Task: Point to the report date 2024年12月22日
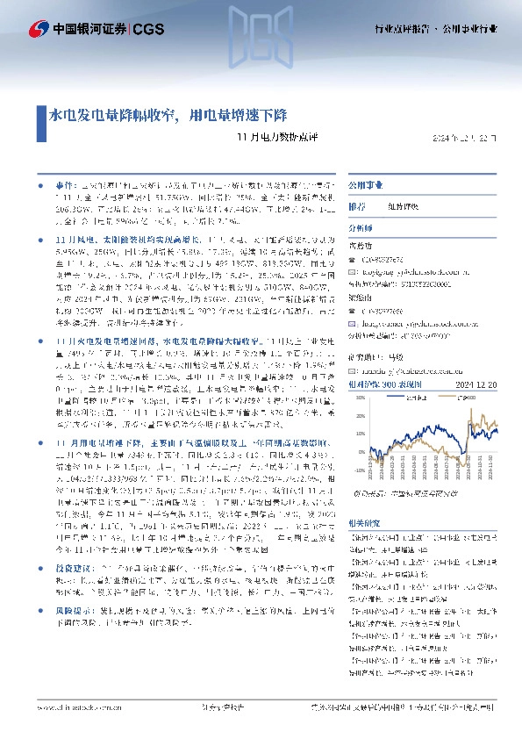(x=469, y=139)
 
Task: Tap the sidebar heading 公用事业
(x=362, y=187)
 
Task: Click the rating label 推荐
(x=357, y=206)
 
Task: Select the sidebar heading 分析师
(x=361, y=226)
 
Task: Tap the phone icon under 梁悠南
(x=351, y=310)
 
